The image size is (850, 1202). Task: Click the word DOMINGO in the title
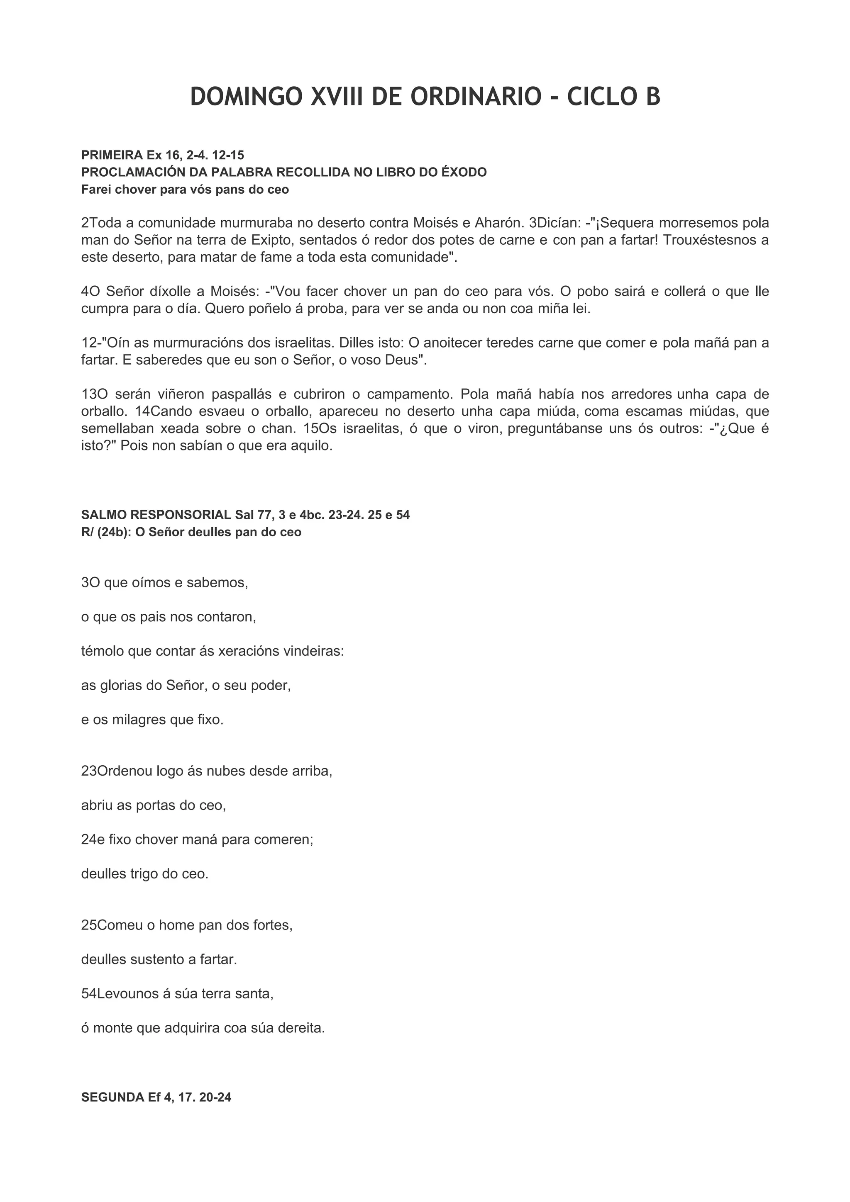click(x=246, y=97)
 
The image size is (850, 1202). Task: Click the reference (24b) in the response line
click(x=114, y=532)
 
